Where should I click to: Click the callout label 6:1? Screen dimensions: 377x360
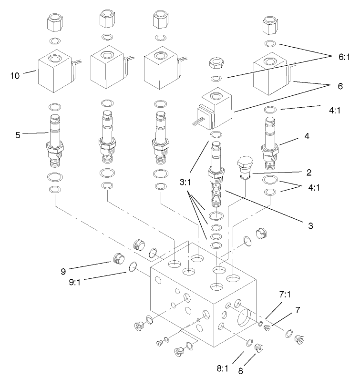click(343, 57)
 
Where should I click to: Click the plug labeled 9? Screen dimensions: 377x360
click(118, 259)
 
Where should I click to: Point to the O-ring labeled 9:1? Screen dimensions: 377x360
click(133, 270)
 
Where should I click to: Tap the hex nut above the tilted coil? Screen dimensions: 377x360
click(217, 64)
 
